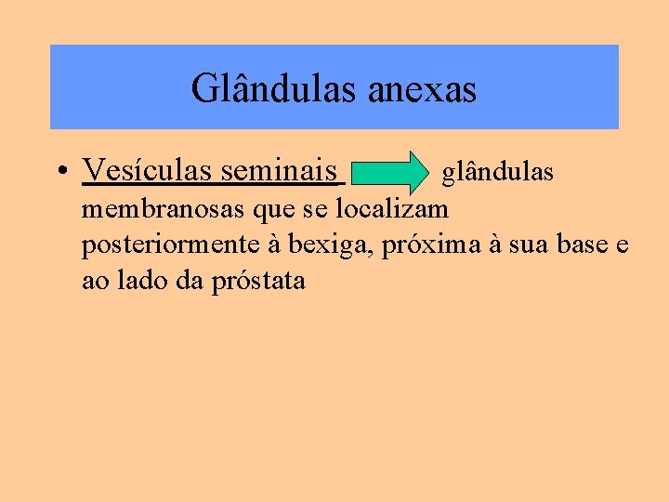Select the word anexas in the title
coord(422,89)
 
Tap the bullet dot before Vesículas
coord(59,172)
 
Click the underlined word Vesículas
coord(148,170)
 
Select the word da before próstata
coord(183,281)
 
